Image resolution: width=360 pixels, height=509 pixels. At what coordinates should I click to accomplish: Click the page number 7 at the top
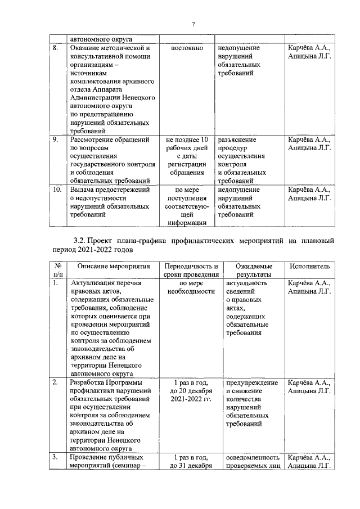[193, 24]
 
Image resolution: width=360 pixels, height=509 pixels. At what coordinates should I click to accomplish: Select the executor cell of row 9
[309, 144]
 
